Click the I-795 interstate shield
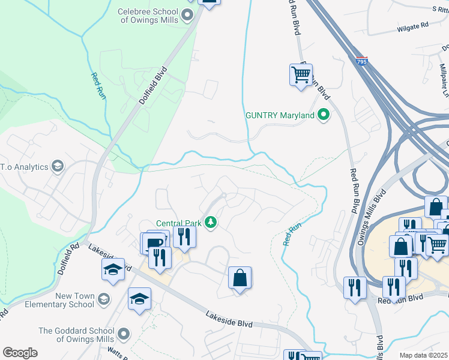pyautogui.click(x=361, y=61)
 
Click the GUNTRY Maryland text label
pyautogui.click(x=280, y=115)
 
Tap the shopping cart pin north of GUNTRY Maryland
pyautogui.click(x=301, y=76)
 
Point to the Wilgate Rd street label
pyautogui.click(x=413, y=26)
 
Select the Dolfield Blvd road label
pyautogui.click(x=152, y=90)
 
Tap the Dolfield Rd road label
pyautogui.click(x=69, y=258)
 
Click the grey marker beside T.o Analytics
pyautogui.click(x=58, y=166)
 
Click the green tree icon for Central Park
pyautogui.click(x=211, y=223)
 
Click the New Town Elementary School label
pyautogui.click(x=66, y=300)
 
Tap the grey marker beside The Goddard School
pyautogui.click(x=124, y=334)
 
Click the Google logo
pyautogui.click(x=20, y=353)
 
